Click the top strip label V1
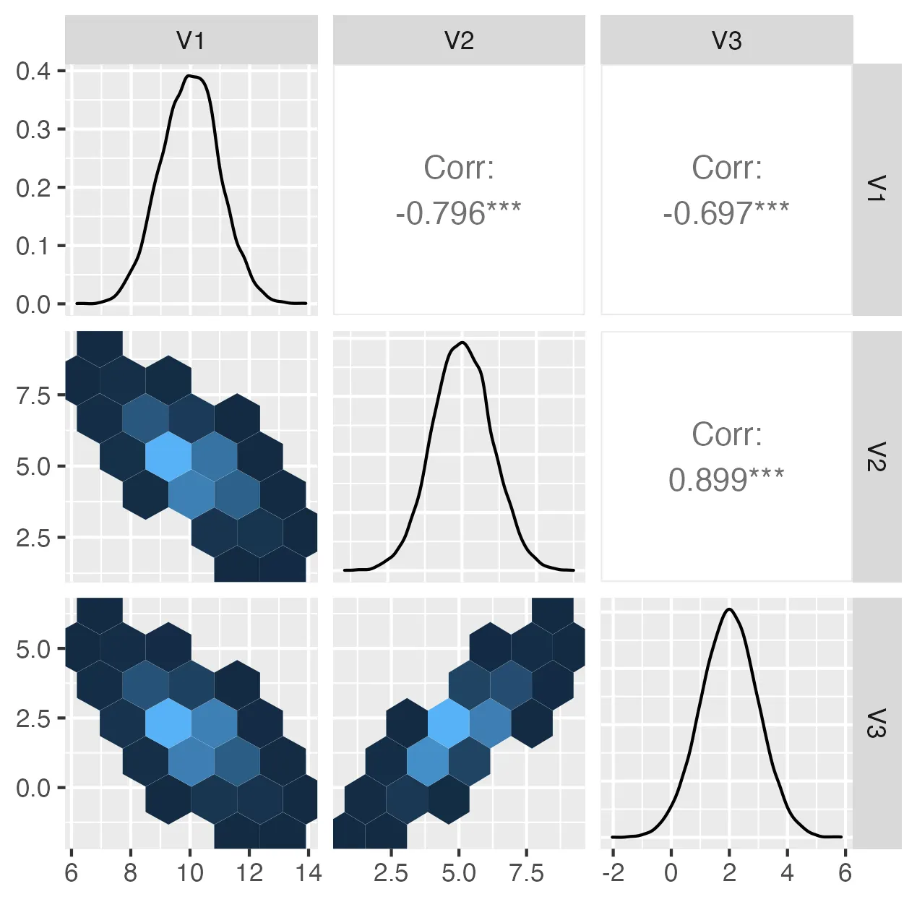[191, 40]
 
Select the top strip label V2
[459, 40]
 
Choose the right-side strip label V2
[876, 456]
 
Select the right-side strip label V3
[876, 723]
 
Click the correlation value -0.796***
[458, 213]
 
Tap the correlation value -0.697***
[726, 213]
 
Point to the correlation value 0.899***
[726, 480]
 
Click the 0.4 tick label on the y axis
[33, 71]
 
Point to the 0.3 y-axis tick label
[33, 129]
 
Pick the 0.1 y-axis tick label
[33, 246]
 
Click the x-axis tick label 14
[309, 873]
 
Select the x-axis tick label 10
[190, 873]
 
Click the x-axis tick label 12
[249, 873]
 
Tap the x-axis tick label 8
[130, 873]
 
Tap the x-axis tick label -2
[613, 873]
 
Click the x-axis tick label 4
[787, 873]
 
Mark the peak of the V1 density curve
[189, 75]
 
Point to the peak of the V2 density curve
[462, 343]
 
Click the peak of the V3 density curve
[730, 609]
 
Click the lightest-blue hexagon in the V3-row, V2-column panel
[449, 723]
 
